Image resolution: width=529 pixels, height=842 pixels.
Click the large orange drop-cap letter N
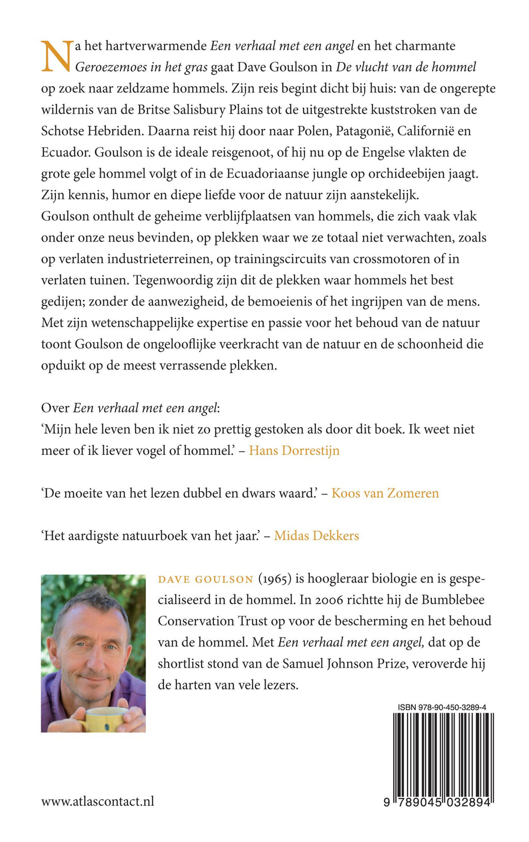pyautogui.click(x=56, y=56)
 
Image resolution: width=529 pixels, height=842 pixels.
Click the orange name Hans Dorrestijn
pyautogui.click(x=294, y=451)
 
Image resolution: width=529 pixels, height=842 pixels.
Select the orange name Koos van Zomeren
pyautogui.click(x=385, y=493)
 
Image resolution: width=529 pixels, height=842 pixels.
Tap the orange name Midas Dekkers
pyautogui.click(x=316, y=535)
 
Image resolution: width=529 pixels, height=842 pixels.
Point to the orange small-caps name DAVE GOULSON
pyautogui.click(x=206, y=579)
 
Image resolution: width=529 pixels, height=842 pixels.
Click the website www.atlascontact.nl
pyautogui.click(x=98, y=801)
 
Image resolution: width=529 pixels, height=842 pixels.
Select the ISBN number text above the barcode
pyautogui.click(x=442, y=707)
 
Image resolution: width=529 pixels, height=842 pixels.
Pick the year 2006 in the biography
pyautogui.click(x=329, y=600)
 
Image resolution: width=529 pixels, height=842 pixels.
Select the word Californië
pyautogui.click(x=426, y=131)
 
